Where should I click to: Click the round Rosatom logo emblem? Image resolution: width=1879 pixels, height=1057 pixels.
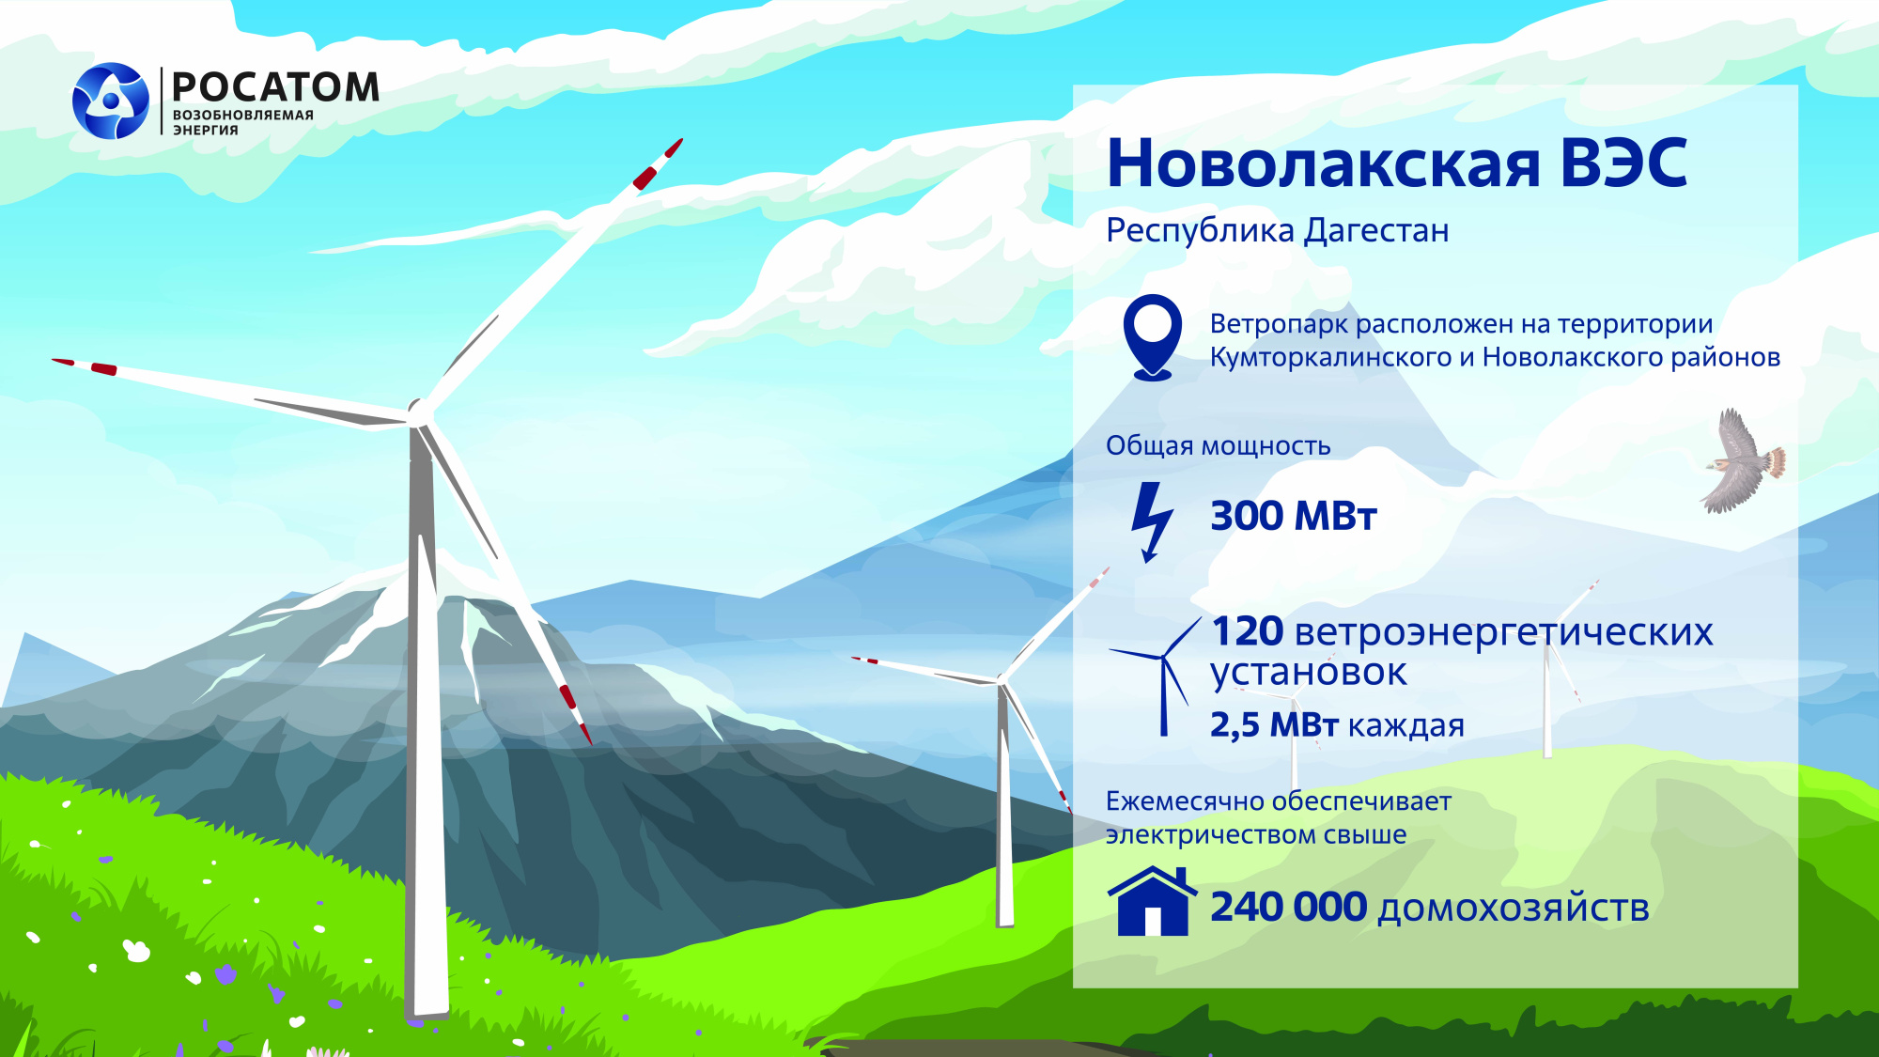click(111, 101)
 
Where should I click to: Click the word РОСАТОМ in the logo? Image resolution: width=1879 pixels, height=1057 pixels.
click(276, 87)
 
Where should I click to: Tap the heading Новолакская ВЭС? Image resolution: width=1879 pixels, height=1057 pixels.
click(1396, 163)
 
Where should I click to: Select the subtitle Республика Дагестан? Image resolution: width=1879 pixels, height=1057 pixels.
click(1277, 230)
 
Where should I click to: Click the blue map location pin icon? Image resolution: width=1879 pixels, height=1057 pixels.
click(1153, 335)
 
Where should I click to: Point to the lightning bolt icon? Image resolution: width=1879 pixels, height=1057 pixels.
click(1151, 521)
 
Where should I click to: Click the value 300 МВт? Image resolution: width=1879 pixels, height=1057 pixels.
click(1293, 516)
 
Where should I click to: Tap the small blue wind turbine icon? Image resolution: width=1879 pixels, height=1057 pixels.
click(1161, 676)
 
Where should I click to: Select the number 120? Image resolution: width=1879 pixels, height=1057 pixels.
click(1248, 631)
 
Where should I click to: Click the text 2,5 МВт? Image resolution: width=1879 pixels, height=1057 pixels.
click(1273, 725)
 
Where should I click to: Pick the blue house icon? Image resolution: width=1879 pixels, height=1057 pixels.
click(1153, 902)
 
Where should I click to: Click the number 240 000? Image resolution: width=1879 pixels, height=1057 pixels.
click(1288, 907)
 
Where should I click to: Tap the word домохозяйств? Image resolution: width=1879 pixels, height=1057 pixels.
click(1513, 909)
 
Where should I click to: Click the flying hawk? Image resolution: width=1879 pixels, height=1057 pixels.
click(1743, 460)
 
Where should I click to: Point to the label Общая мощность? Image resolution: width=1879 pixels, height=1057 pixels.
click(1218, 445)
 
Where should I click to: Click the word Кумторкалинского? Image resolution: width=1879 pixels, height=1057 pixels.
click(1330, 358)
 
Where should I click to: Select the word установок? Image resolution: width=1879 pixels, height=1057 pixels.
click(1308, 673)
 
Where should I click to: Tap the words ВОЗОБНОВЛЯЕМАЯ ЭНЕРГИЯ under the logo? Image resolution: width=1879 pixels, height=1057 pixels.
click(242, 122)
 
